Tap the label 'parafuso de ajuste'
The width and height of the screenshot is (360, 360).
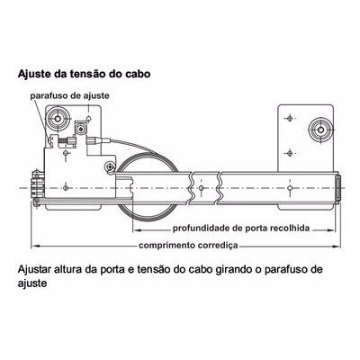(x=69, y=96)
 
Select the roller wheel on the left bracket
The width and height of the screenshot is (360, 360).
(x=58, y=119)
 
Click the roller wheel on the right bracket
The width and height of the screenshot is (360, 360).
(x=320, y=130)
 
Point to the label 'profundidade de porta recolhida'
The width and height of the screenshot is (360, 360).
(x=241, y=228)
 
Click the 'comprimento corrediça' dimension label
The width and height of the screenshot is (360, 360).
(x=188, y=246)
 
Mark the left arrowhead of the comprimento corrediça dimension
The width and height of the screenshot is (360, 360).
(x=35, y=247)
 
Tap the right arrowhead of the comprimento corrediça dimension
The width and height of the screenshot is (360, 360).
(x=337, y=247)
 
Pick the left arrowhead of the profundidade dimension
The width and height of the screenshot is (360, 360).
(x=137, y=230)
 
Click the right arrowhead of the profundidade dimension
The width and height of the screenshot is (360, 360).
(x=330, y=230)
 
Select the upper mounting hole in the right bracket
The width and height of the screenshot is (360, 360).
(x=290, y=118)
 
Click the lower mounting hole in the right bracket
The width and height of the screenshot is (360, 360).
(x=290, y=153)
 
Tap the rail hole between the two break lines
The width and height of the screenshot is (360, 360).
(x=202, y=188)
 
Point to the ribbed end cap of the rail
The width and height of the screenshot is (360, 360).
(x=337, y=189)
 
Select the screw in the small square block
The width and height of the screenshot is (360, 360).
(x=80, y=130)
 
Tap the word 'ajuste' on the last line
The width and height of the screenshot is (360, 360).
(x=32, y=283)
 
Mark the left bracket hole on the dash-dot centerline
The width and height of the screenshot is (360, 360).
(x=66, y=188)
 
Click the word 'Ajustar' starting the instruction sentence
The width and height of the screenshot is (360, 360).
(x=34, y=269)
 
